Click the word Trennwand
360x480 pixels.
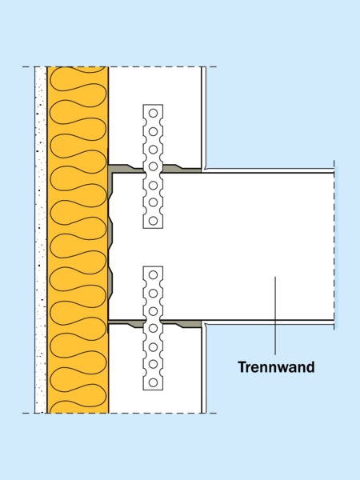click(276, 366)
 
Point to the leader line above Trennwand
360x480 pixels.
click(275, 316)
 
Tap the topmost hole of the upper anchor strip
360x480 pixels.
click(153, 114)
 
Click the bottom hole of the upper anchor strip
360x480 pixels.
click(153, 221)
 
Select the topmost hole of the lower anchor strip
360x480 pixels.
click(153, 275)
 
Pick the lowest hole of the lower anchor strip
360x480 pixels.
click(153, 382)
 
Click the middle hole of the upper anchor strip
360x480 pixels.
click(153, 166)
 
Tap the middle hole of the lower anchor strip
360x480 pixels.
click(153, 329)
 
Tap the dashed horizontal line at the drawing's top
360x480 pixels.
click(119, 66)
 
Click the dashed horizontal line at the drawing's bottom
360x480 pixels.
click(119, 414)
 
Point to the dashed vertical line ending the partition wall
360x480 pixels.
click(334, 245)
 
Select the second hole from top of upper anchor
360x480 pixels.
click(153, 132)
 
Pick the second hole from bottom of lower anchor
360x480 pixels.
click(153, 364)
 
